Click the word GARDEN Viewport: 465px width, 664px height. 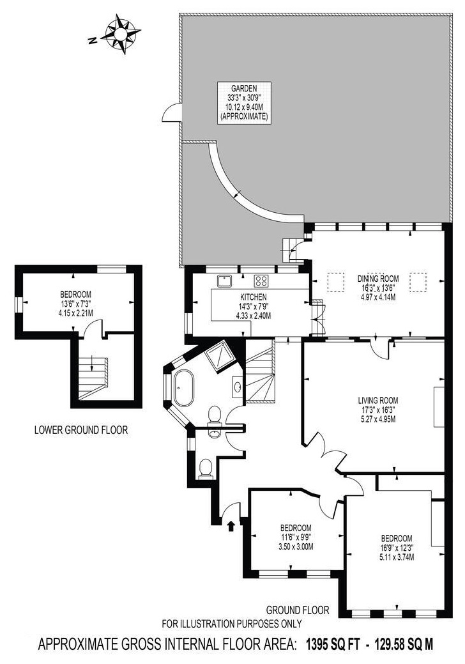[243, 89]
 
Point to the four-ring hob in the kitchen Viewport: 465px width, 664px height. [261, 279]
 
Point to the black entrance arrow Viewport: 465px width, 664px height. [231, 525]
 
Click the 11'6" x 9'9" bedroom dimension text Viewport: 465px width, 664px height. [296, 537]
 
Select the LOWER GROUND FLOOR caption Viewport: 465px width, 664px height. [80, 430]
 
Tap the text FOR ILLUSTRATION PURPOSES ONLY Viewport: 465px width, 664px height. [232, 624]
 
